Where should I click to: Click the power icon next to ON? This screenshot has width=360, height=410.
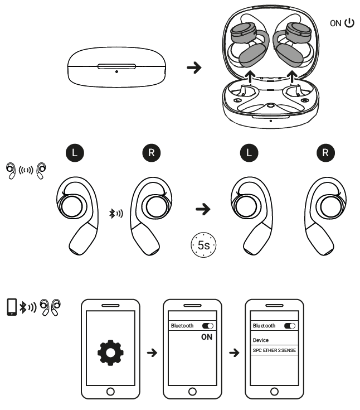tap(349, 24)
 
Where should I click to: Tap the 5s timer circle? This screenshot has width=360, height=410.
tap(202, 244)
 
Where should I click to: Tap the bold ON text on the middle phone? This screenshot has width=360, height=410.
tap(206, 337)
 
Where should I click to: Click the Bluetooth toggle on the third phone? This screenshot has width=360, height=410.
tap(290, 325)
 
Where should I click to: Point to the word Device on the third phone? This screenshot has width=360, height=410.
tap(261, 339)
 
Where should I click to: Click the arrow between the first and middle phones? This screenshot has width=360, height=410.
tap(150, 354)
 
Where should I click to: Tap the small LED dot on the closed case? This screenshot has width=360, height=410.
tap(116, 71)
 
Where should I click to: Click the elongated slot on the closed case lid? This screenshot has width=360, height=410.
tap(116, 66)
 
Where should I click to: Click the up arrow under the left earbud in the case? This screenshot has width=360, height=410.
tap(250, 75)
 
